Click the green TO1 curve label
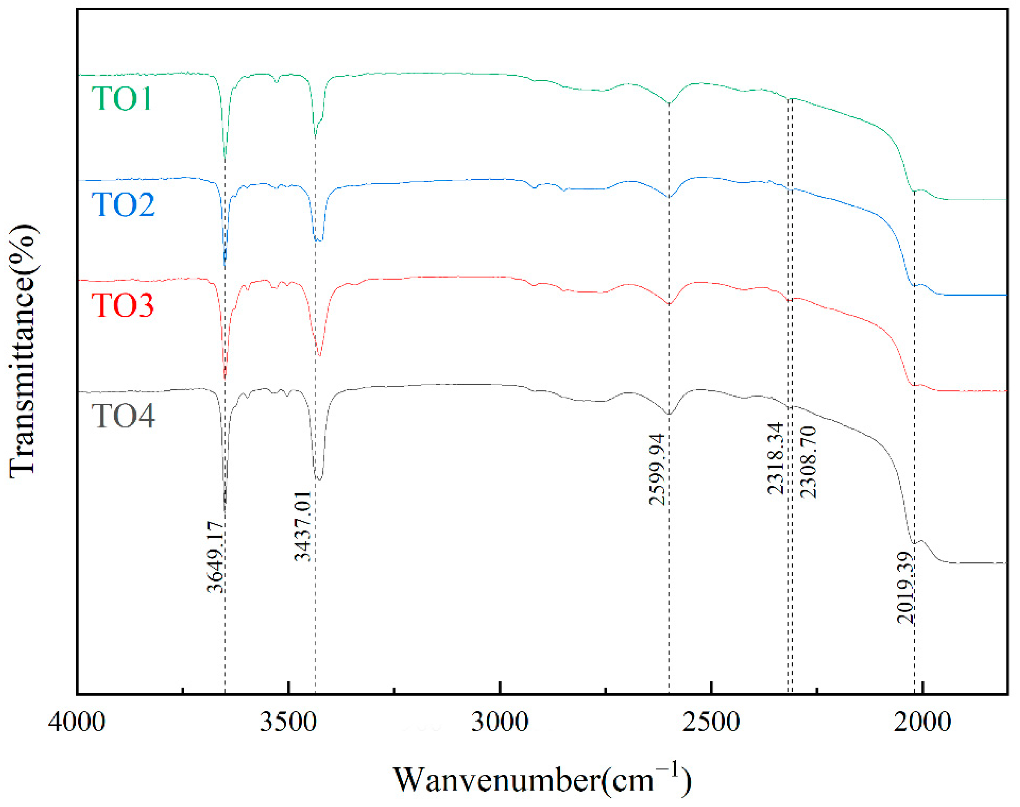[122, 98]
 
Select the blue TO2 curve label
[123, 204]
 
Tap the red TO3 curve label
[122, 305]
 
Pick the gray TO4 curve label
[123, 416]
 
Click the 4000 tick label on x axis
[76, 722]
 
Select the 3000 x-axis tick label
[499, 722]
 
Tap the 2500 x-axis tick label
[711, 722]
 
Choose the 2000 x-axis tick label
[922, 722]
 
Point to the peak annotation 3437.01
[302, 526]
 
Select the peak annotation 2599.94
[657, 469]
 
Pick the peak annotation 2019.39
[905, 587]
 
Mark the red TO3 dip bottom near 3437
[320, 356]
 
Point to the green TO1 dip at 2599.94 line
[669, 103]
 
